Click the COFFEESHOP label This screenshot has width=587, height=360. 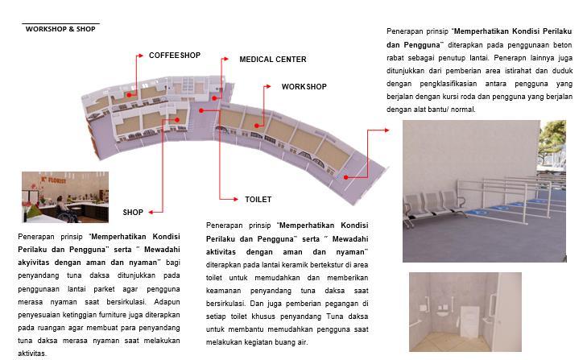tap(175, 56)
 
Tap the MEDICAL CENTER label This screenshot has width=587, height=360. tap(272, 60)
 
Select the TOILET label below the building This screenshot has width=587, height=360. tap(258, 199)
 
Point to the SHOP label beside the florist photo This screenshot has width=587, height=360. tap(133, 213)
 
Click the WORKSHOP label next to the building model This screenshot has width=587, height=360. tap(304, 86)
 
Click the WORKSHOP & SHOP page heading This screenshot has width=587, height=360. tap(60, 29)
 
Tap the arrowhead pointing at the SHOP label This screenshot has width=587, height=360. tap(150, 212)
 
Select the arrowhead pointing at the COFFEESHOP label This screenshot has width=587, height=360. tap(140, 56)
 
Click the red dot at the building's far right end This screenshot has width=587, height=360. tap(345, 176)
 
